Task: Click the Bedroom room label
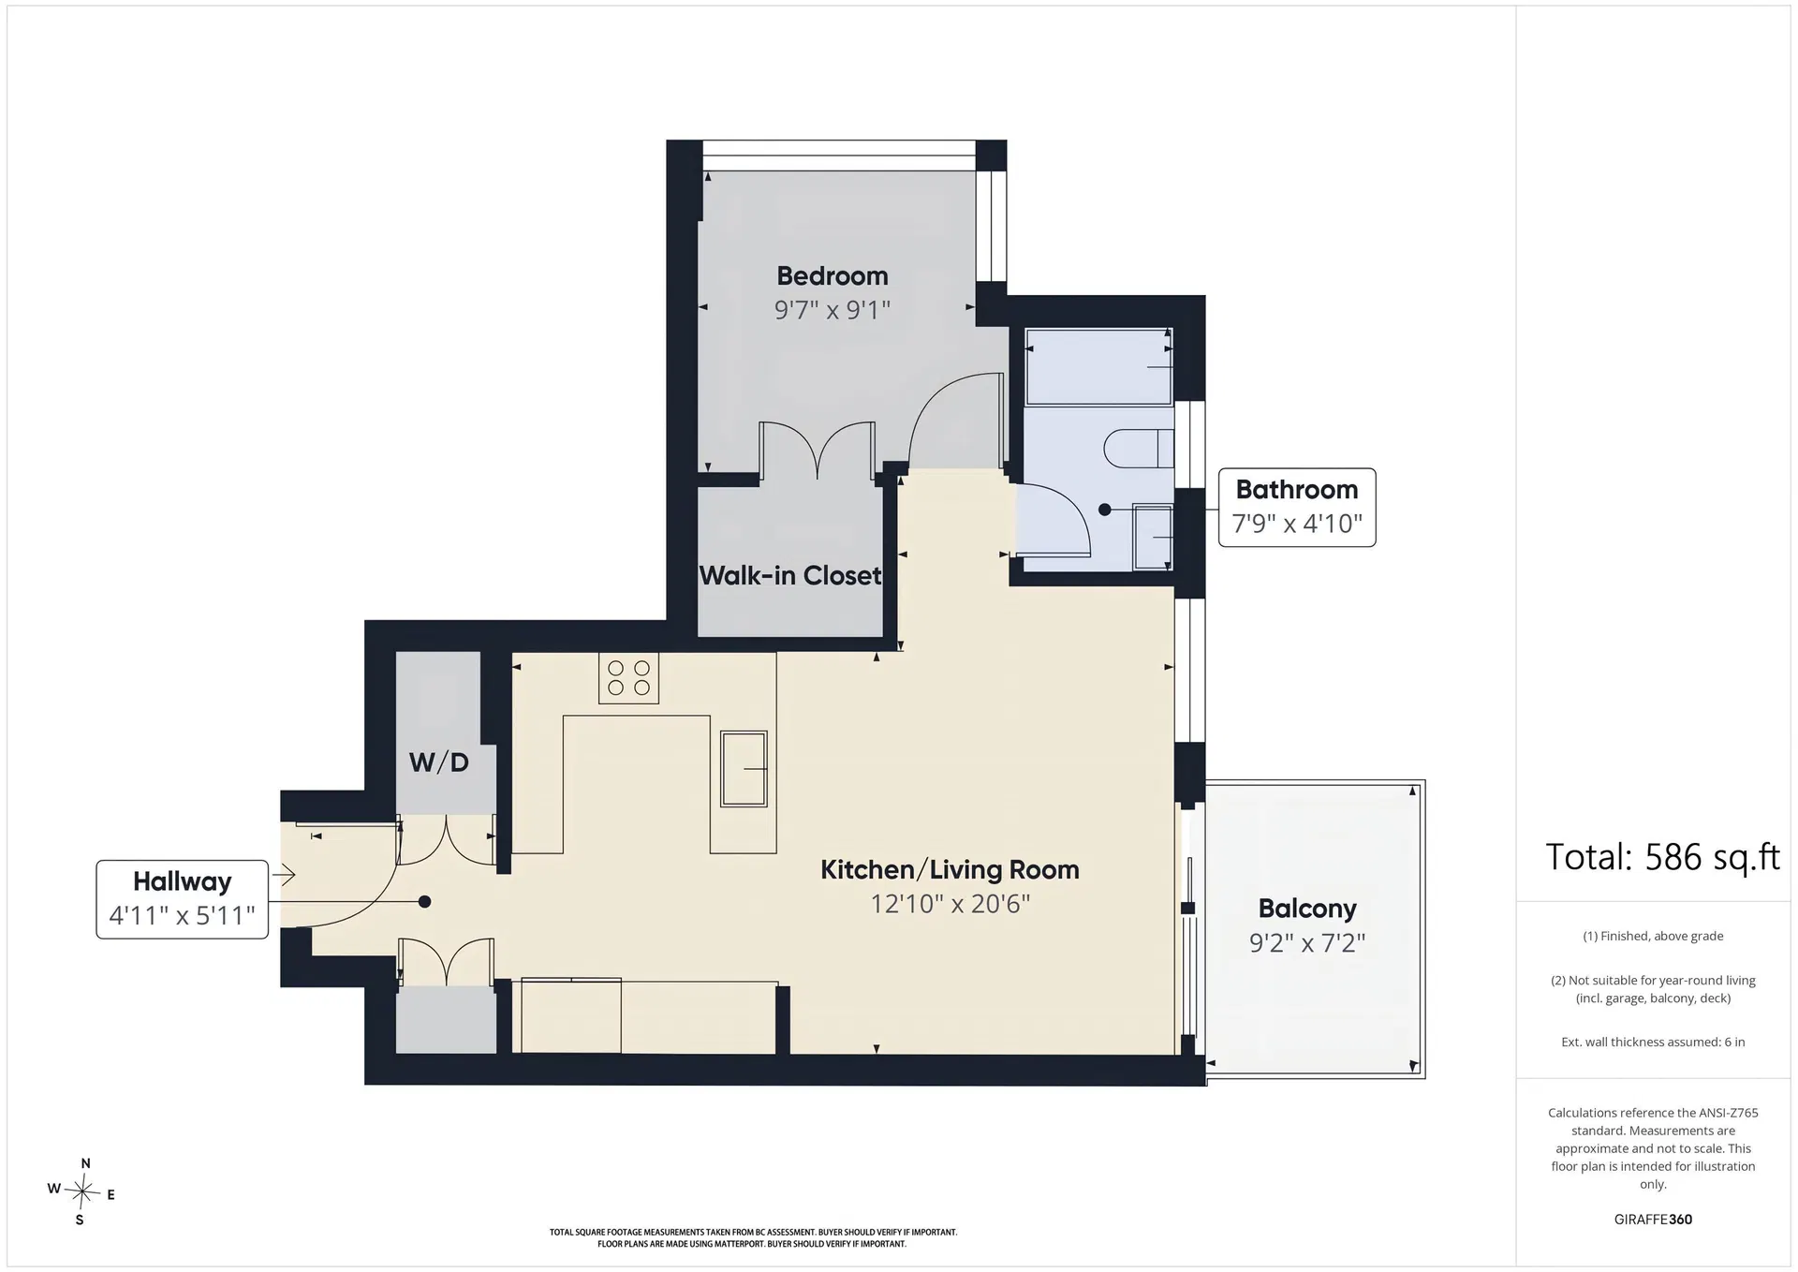[833, 276]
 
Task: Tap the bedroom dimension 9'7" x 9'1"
[833, 310]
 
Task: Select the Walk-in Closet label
[790, 575]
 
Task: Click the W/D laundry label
[439, 762]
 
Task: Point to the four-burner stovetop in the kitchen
[629, 678]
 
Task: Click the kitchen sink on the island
[744, 769]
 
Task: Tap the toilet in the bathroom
[1139, 449]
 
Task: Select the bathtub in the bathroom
[1099, 366]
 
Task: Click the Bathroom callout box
[1297, 508]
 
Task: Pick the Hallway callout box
[183, 899]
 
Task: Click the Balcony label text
[1307, 909]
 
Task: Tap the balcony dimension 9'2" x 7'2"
[1307, 942]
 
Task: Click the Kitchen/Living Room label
[950, 870]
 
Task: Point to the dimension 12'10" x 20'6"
[951, 904]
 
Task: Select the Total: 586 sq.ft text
[1662, 857]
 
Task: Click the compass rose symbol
[82, 1192]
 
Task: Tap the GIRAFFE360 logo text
[1653, 1220]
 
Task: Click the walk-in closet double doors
[818, 450]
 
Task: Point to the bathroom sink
[1153, 537]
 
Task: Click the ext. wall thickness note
[1653, 1042]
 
